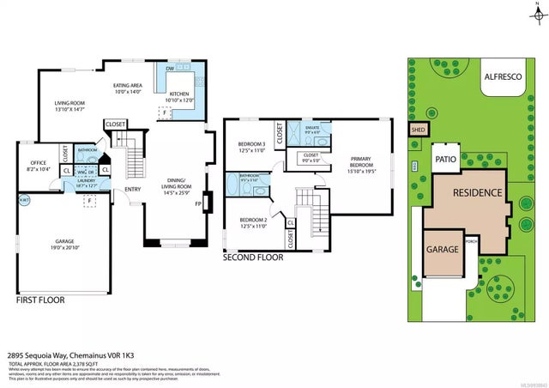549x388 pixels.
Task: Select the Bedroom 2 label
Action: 252,221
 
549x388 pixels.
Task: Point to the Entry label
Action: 133,190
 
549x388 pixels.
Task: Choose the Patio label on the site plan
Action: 444,159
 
